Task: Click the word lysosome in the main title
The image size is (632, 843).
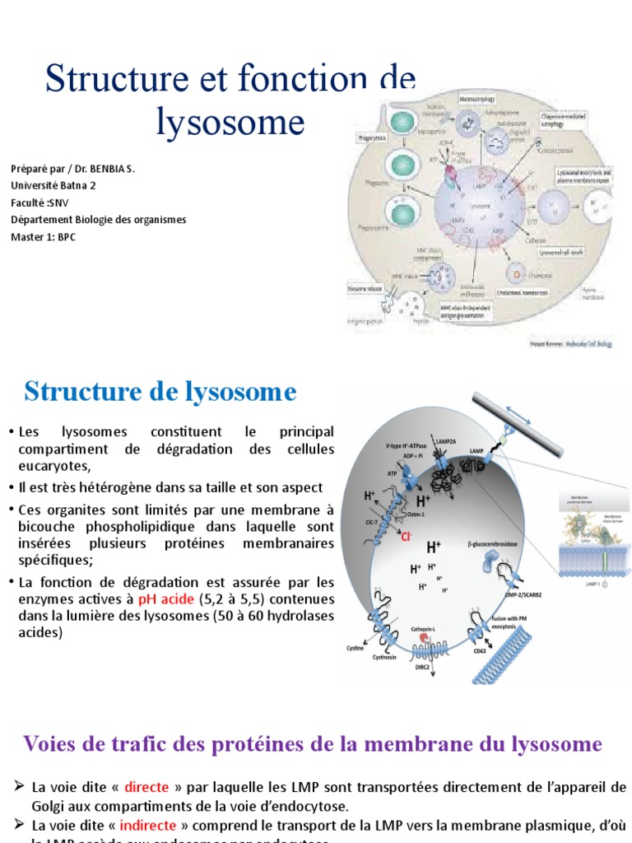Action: pyautogui.click(x=230, y=122)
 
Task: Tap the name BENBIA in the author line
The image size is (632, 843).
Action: pyautogui.click(x=104, y=169)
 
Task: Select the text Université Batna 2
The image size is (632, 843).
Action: pyautogui.click(x=53, y=185)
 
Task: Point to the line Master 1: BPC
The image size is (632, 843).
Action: pyautogui.click(x=43, y=236)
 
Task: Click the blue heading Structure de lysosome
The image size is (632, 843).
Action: pyautogui.click(x=160, y=392)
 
